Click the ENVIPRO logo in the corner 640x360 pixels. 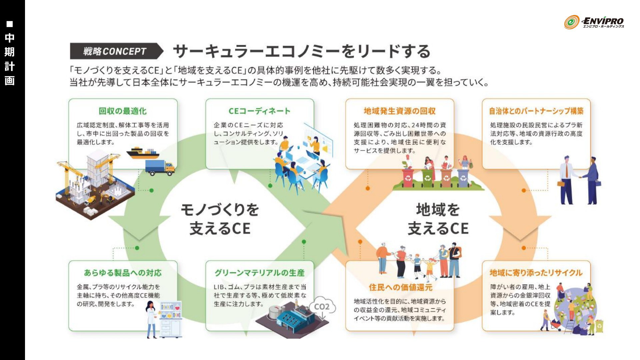coord(594,22)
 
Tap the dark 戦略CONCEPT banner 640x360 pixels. coord(115,51)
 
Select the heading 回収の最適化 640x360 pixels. coord(123,111)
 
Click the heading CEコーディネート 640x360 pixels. coord(259,111)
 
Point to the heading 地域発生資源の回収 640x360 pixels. coord(400,111)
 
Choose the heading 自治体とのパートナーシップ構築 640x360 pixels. coord(536,111)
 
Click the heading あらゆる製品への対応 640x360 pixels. coord(123,273)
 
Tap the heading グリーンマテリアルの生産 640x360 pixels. coord(259,273)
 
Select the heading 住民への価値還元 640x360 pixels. coord(400,287)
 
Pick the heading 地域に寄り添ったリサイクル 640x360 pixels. coord(536,273)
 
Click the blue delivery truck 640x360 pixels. coord(160,167)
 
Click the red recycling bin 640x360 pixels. coord(408,178)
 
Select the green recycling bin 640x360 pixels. coord(428,178)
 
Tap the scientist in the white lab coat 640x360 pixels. coord(151,318)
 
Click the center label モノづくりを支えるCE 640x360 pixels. coord(220,219)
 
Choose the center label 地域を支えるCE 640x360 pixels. coord(438,219)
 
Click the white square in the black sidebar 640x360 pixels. coord(10,24)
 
